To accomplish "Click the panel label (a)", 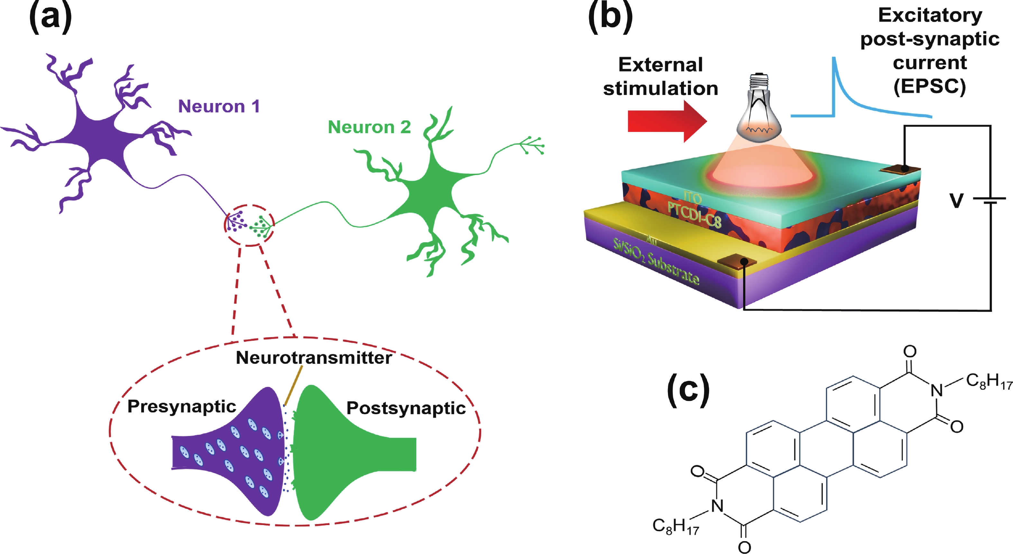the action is (50, 18).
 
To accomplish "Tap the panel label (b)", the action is (610, 18).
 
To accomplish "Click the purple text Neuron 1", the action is (219, 106).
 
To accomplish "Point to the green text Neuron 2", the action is (369, 127).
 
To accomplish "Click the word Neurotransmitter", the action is (314, 358).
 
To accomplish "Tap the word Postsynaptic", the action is (406, 408).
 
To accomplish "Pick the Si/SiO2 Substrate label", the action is (656, 261).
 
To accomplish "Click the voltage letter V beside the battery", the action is (956, 201).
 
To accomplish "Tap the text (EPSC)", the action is (930, 86).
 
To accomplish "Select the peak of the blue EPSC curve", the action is (834, 58).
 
